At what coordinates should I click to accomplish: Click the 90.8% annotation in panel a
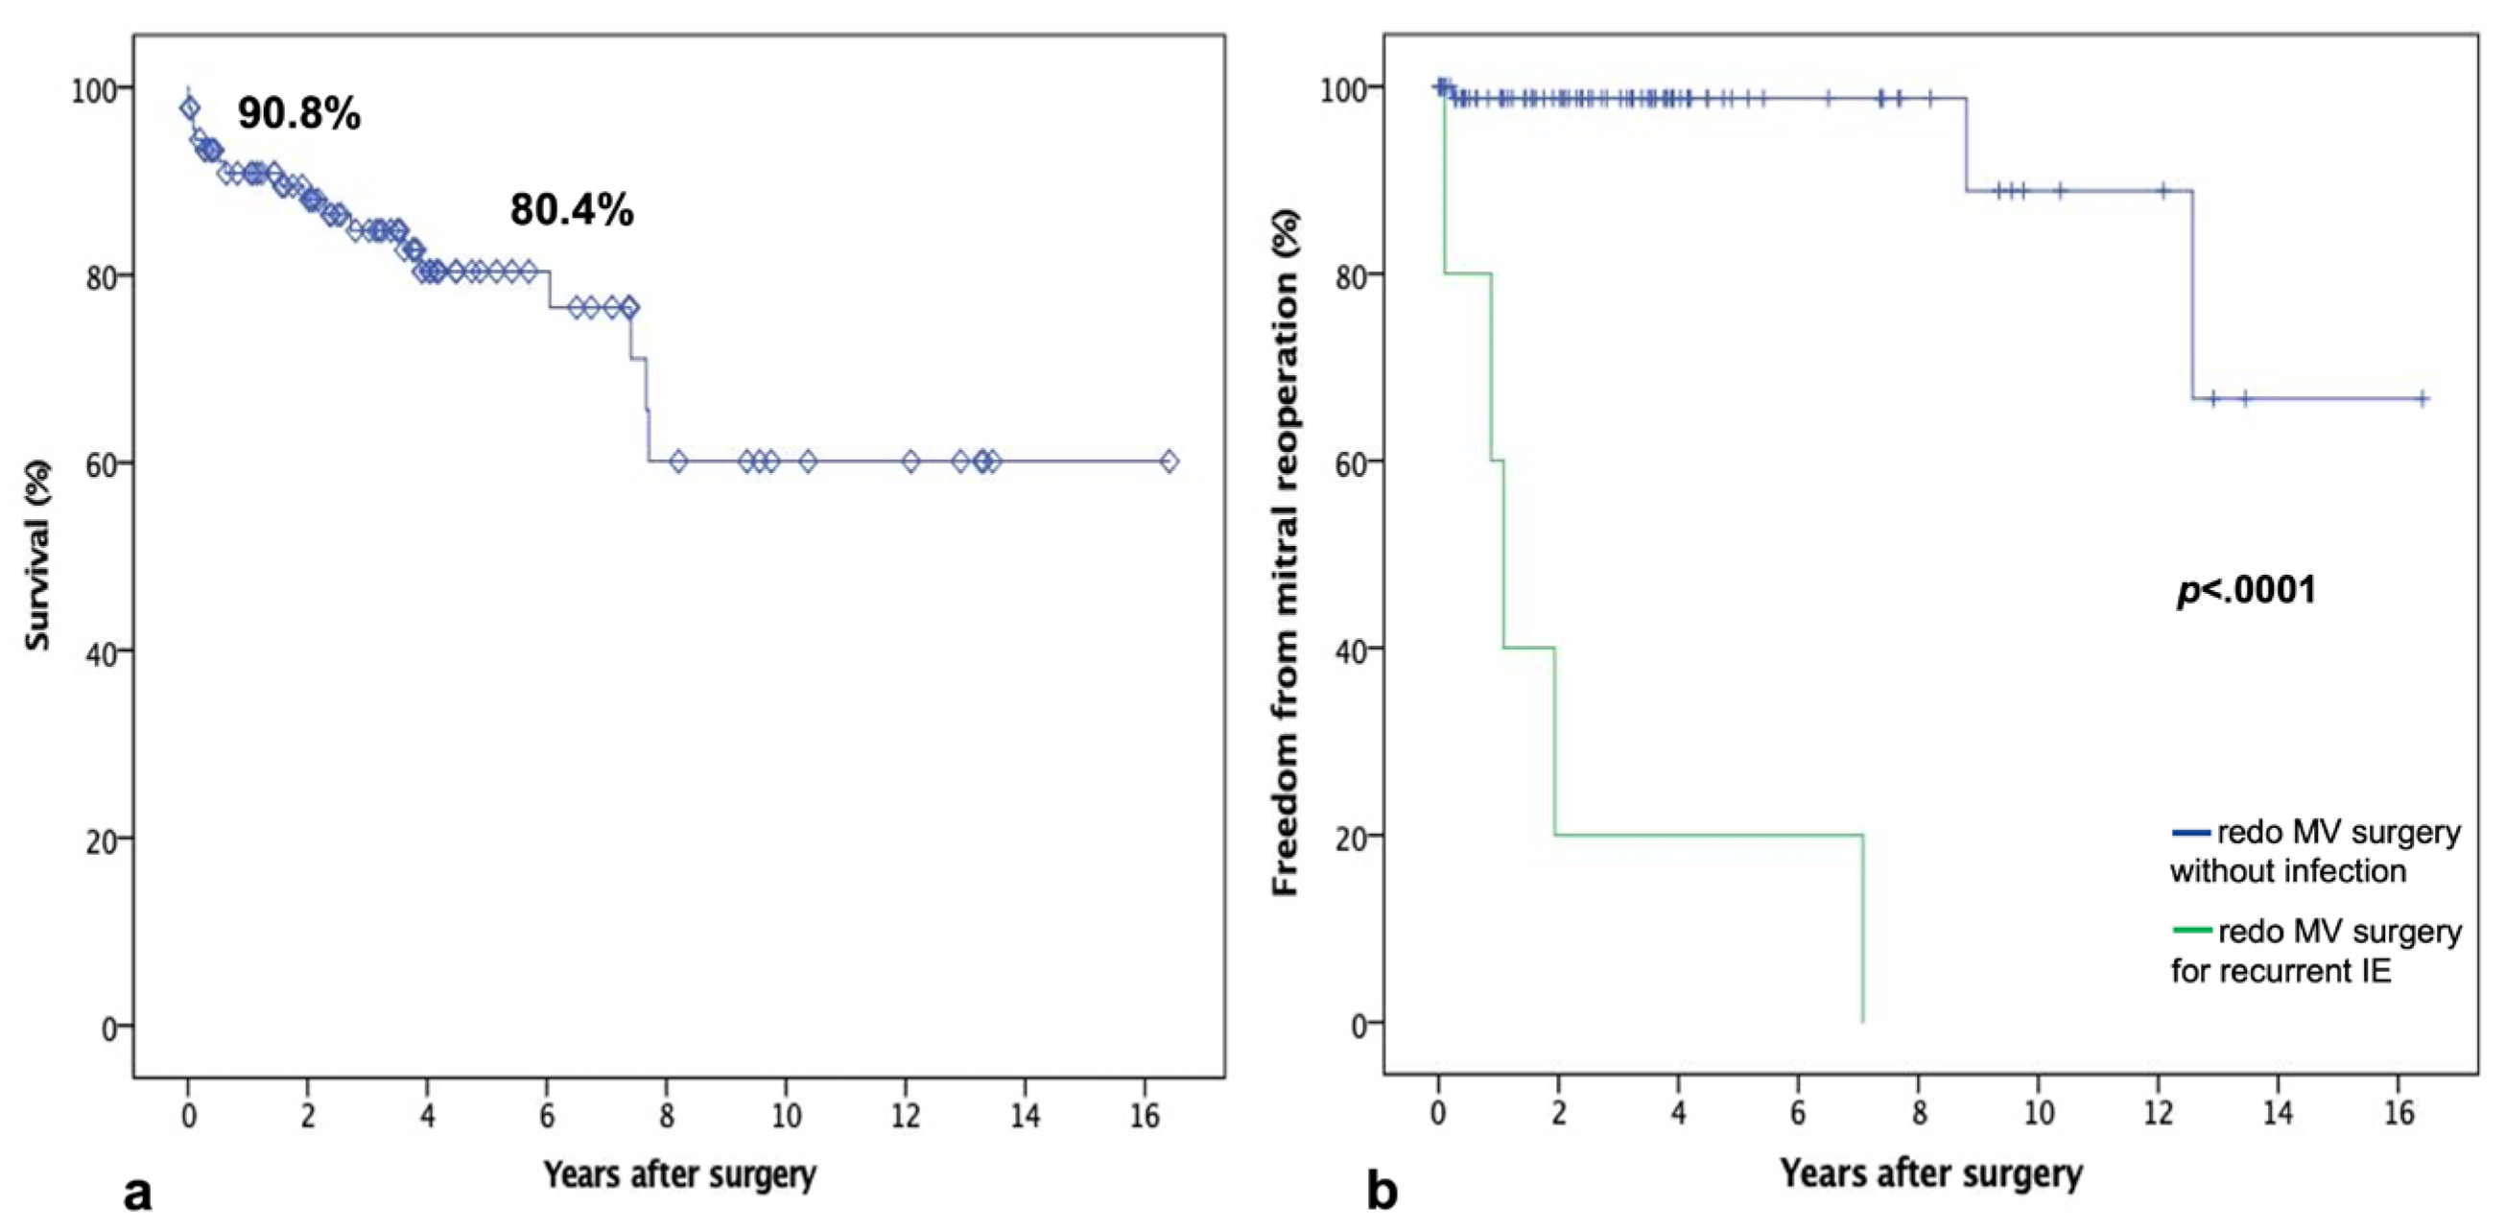point(298,115)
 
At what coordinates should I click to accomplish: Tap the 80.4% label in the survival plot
point(572,210)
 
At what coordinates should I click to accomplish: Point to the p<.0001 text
point(2246,589)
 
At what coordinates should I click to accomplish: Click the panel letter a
point(138,1192)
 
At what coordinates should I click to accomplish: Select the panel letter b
point(1382,1192)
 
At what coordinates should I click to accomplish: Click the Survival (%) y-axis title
point(37,556)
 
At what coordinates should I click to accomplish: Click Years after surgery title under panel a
point(679,1174)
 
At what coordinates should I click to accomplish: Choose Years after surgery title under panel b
point(1931,1173)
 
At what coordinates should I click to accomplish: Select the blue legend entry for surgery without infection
point(2314,851)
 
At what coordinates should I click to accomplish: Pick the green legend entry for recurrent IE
point(2314,951)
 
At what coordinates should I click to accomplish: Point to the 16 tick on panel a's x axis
point(1145,1116)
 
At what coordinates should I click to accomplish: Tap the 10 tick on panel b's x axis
point(2038,1112)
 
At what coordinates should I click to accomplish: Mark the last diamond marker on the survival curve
point(1169,461)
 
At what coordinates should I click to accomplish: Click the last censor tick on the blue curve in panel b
point(2422,397)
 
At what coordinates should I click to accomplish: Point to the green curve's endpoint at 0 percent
point(1862,1021)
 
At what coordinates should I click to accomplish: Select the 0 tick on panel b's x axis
point(1438,1112)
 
